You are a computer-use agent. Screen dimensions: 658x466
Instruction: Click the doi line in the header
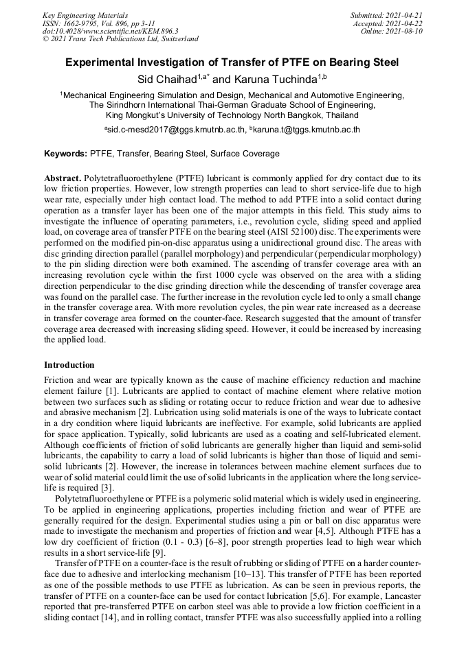click(x=110, y=31)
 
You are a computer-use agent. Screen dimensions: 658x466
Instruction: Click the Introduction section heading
click(x=69, y=365)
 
